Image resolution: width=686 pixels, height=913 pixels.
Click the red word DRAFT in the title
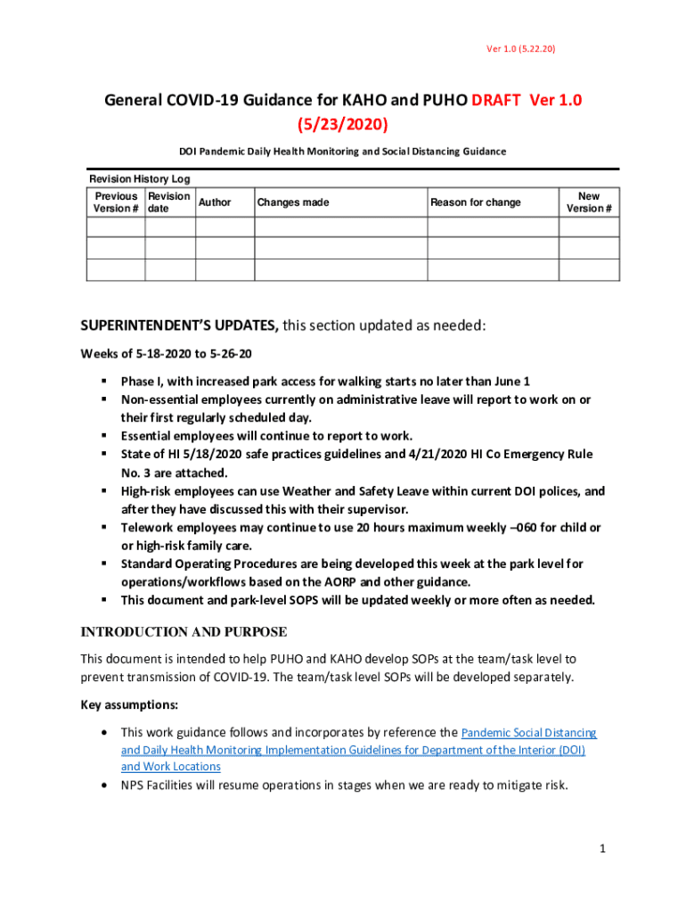(497, 101)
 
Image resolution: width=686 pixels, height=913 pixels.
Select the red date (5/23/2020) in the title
(343, 122)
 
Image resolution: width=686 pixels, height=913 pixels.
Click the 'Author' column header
(215, 202)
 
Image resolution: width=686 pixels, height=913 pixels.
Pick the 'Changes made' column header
(293, 202)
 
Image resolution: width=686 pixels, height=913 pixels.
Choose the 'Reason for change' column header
(476, 202)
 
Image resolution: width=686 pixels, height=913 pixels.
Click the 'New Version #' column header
(589, 202)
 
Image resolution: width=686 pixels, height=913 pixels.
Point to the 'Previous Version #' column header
(116, 202)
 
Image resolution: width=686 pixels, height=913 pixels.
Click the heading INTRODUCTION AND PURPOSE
(184, 632)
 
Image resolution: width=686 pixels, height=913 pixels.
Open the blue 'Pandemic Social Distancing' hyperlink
(529, 733)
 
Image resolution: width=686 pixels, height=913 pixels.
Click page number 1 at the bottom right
(602, 850)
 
